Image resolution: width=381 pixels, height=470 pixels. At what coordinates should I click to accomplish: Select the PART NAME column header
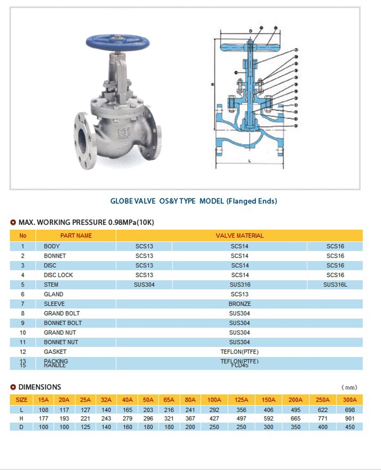pos(76,236)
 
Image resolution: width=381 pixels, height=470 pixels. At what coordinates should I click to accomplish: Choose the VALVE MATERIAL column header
pos(240,236)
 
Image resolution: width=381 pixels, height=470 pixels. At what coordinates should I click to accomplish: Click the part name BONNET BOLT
pos(63,323)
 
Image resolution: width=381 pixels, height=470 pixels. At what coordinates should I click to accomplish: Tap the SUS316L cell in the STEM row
pos(335,285)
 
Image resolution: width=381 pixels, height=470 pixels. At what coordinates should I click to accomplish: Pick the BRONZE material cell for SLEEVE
pos(240,304)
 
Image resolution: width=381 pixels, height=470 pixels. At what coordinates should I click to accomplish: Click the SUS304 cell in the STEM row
pos(144,285)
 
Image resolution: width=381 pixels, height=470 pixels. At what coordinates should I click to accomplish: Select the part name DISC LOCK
pos(58,275)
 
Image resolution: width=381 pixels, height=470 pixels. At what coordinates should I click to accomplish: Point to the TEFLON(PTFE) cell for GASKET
pos(240,352)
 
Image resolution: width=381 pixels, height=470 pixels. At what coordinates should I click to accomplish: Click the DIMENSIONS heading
pos(39,387)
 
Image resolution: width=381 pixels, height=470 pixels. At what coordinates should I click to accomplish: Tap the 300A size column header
pos(350,400)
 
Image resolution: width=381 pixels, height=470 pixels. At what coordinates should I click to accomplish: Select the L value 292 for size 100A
pos(214,410)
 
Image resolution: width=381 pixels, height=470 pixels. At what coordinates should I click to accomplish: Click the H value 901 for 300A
pos(350,418)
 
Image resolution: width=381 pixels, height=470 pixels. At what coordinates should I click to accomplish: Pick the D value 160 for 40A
pos(128,427)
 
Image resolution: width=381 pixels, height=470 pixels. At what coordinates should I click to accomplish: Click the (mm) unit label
pos(349,388)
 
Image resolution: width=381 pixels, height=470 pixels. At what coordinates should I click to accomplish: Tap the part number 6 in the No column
pos(23,295)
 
